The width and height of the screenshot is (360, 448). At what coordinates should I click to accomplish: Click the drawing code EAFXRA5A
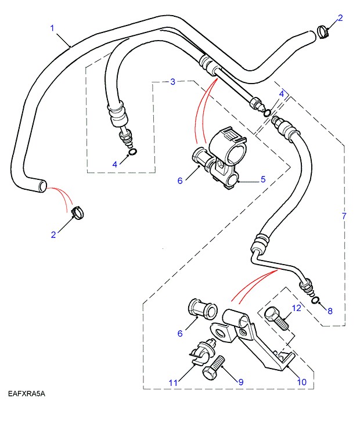pyautogui.click(x=27, y=394)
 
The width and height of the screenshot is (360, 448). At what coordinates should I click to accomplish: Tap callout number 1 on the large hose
pyautogui.click(x=52, y=27)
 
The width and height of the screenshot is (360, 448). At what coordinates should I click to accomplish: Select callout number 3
pyautogui.click(x=172, y=82)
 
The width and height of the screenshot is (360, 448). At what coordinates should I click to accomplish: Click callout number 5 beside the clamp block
pyautogui.click(x=262, y=180)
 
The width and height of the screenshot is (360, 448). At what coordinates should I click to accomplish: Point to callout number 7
pyautogui.click(x=344, y=216)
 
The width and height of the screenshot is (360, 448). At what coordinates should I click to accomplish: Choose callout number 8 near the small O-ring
pyautogui.click(x=330, y=310)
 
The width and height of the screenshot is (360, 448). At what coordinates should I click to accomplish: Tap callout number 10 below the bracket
pyautogui.click(x=302, y=382)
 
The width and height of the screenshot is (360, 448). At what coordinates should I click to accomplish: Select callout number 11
pyautogui.click(x=172, y=382)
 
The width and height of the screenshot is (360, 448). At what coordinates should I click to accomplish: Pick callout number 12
pyautogui.click(x=297, y=308)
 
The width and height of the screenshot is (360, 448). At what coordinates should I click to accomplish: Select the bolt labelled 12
pyautogui.click(x=274, y=319)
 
